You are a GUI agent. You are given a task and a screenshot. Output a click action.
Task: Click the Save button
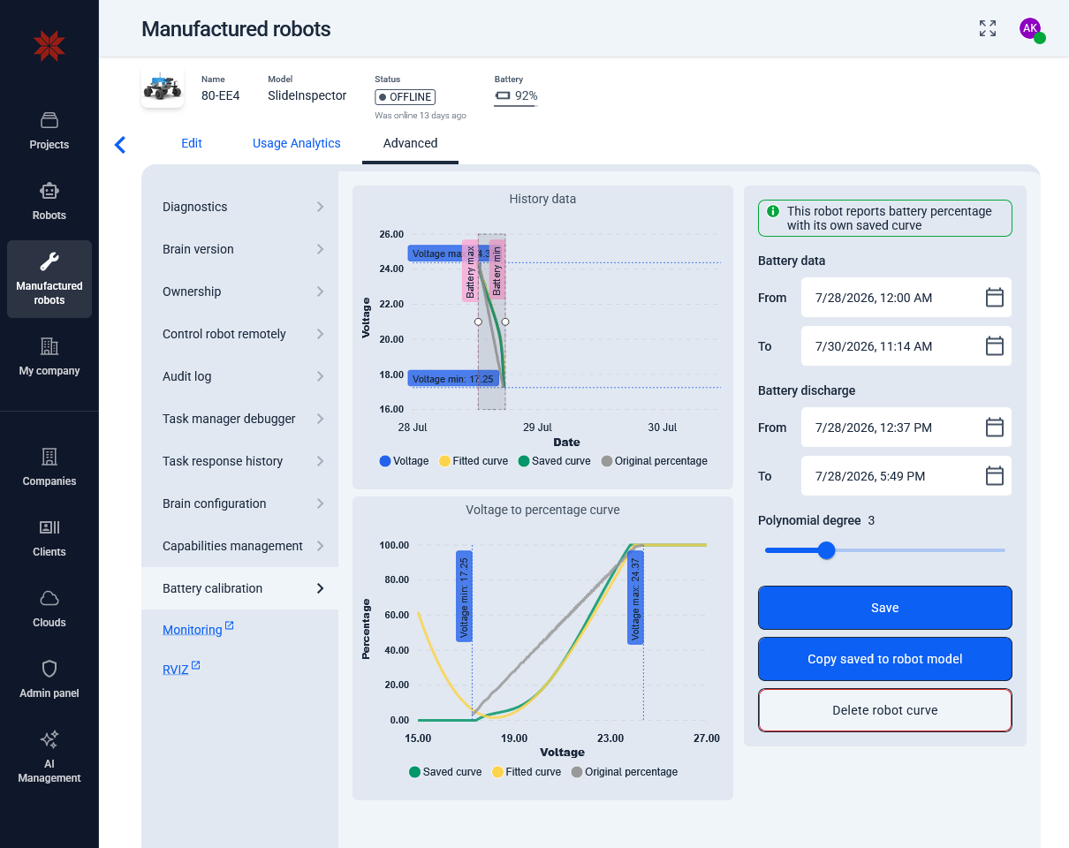(884, 608)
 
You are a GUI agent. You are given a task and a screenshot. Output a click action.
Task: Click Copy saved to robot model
(884, 659)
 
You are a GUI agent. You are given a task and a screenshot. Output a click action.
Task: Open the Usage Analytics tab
(296, 143)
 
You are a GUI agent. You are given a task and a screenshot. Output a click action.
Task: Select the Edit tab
(191, 143)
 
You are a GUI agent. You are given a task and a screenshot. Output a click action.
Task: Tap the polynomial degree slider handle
(826, 550)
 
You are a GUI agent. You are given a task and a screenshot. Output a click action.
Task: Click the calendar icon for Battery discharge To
(994, 476)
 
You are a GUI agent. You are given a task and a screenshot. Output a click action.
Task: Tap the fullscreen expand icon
(988, 28)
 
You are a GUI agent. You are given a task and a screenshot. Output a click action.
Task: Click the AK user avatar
(1030, 29)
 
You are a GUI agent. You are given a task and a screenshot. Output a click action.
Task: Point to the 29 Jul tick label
(537, 428)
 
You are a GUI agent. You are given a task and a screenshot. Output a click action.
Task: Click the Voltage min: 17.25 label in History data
(453, 379)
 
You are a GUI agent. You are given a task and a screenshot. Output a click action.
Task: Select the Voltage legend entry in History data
(404, 461)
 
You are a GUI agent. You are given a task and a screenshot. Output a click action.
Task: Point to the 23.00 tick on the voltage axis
(610, 738)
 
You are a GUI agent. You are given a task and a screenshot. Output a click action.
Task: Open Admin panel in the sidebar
(49, 678)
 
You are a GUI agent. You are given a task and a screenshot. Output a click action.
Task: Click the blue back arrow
(120, 145)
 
